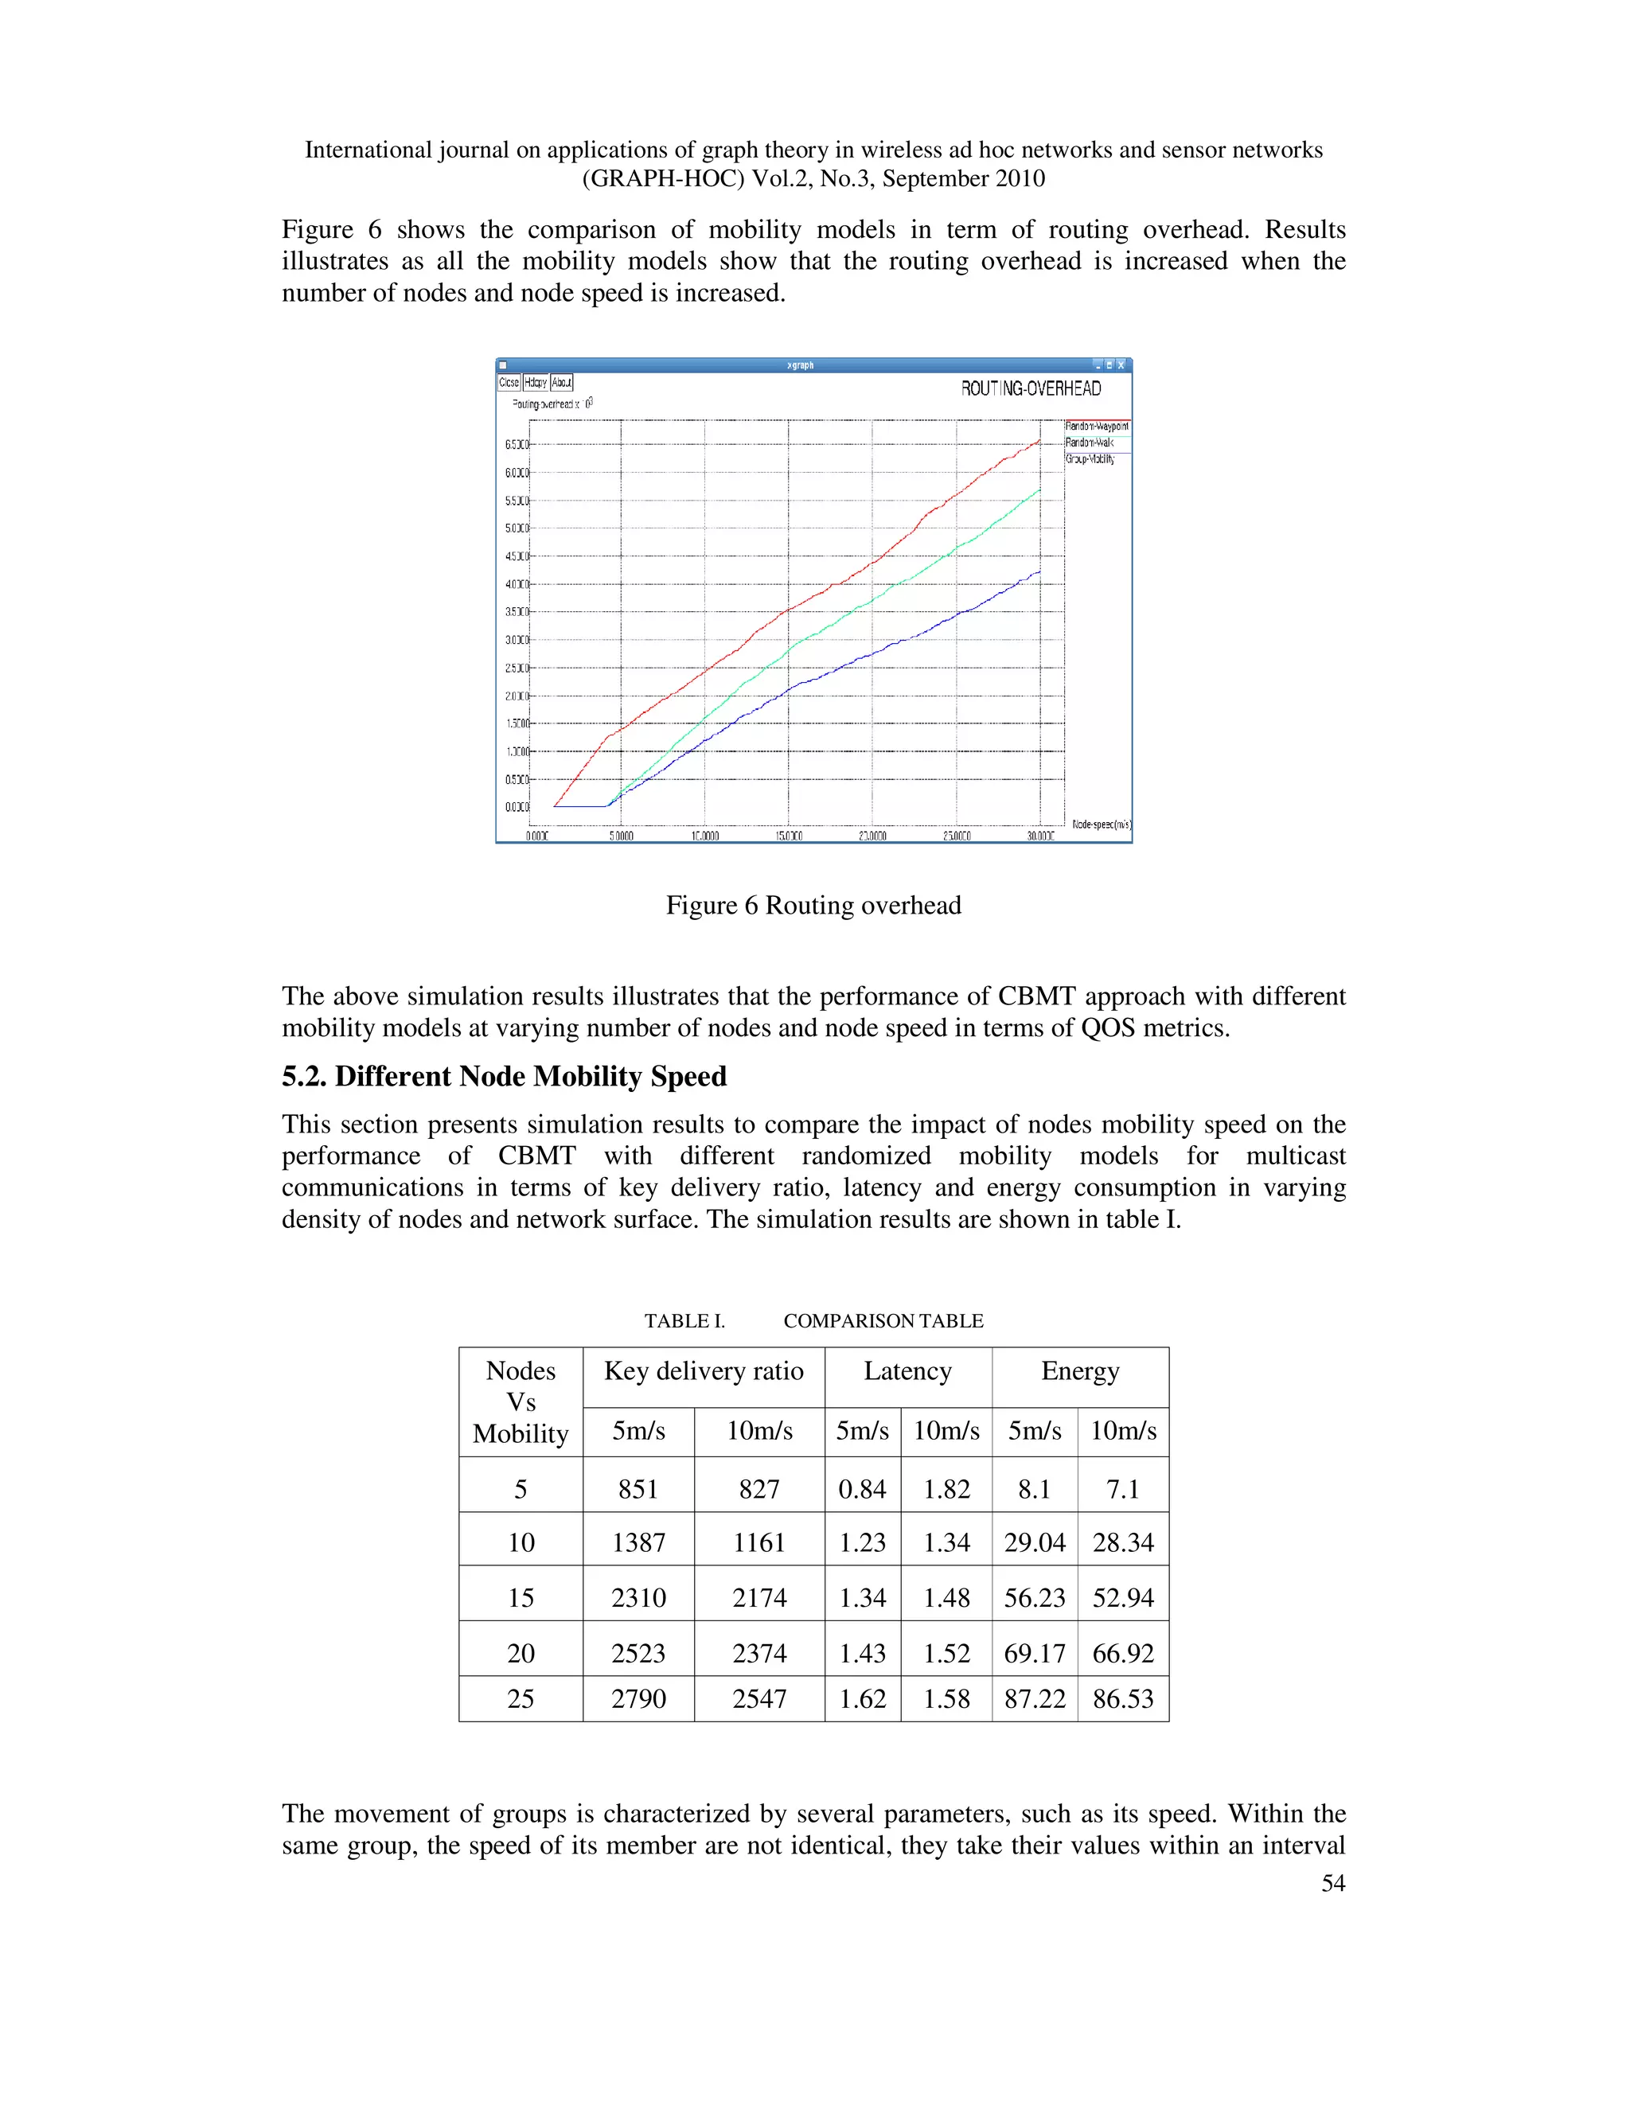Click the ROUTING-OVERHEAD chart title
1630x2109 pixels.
[1031, 388]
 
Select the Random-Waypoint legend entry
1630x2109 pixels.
[1096, 426]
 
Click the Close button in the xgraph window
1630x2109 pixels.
[509, 382]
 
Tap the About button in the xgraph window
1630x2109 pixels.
[562, 382]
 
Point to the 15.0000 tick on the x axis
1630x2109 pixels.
[788, 836]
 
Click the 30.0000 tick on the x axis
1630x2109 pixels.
[1040, 836]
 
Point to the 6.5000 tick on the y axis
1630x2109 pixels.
[517, 445]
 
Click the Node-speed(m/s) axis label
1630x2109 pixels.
[1101, 824]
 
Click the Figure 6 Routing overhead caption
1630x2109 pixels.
[813, 905]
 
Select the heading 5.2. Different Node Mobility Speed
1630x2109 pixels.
[504, 1076]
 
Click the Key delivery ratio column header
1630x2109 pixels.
[703, 1371]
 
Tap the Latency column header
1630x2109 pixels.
[907, 1371]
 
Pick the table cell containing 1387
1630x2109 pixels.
[638, 1542]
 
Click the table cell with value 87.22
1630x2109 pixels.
[1034, 1698]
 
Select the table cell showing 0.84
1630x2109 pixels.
[862, 1489]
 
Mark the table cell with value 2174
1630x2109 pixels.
[759, 1597]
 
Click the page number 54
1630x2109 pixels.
[1332, 1882]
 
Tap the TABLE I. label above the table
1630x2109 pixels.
[684, 1321]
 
